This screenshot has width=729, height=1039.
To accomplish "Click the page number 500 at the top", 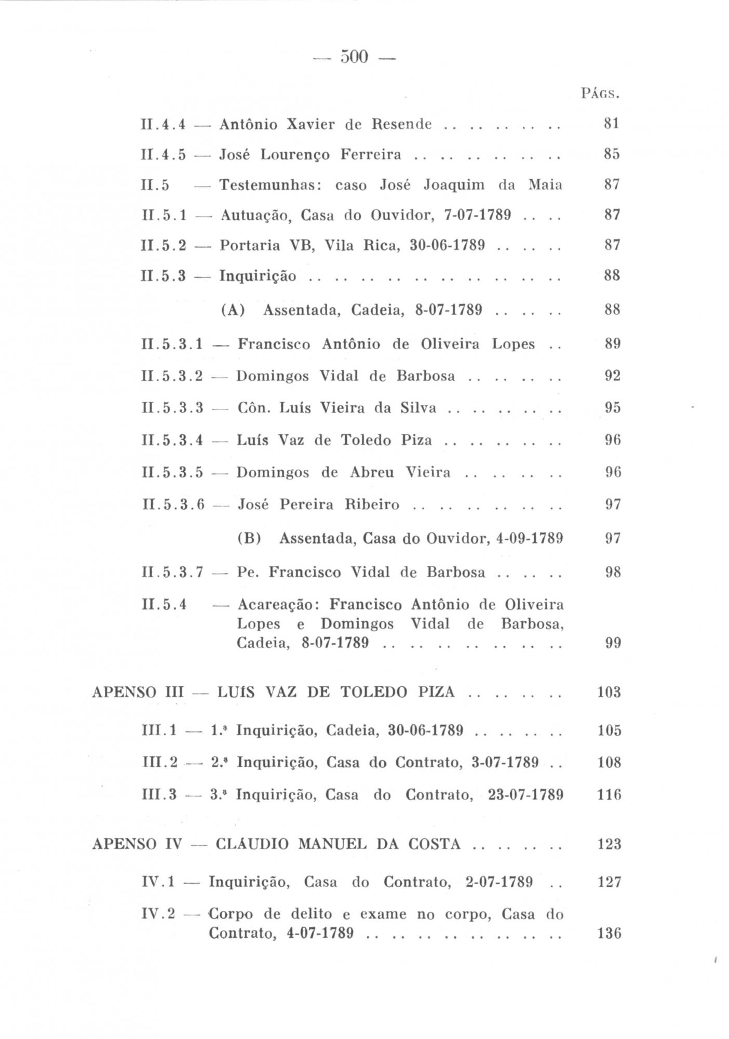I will click(x=354, y=57).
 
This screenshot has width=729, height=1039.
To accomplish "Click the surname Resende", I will click(x=402, y=124).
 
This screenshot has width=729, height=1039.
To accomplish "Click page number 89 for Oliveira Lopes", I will click(x=613, y=344).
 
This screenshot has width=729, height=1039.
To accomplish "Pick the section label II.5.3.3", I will click(x=172, y=408).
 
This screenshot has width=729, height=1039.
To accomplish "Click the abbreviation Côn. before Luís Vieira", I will click(x=254, y=408).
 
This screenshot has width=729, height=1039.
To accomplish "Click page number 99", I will click(x=613, y=643).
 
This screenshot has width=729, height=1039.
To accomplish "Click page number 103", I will click(x=609, y=692).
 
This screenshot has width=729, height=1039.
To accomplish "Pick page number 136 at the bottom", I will click(x=609, y=934).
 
